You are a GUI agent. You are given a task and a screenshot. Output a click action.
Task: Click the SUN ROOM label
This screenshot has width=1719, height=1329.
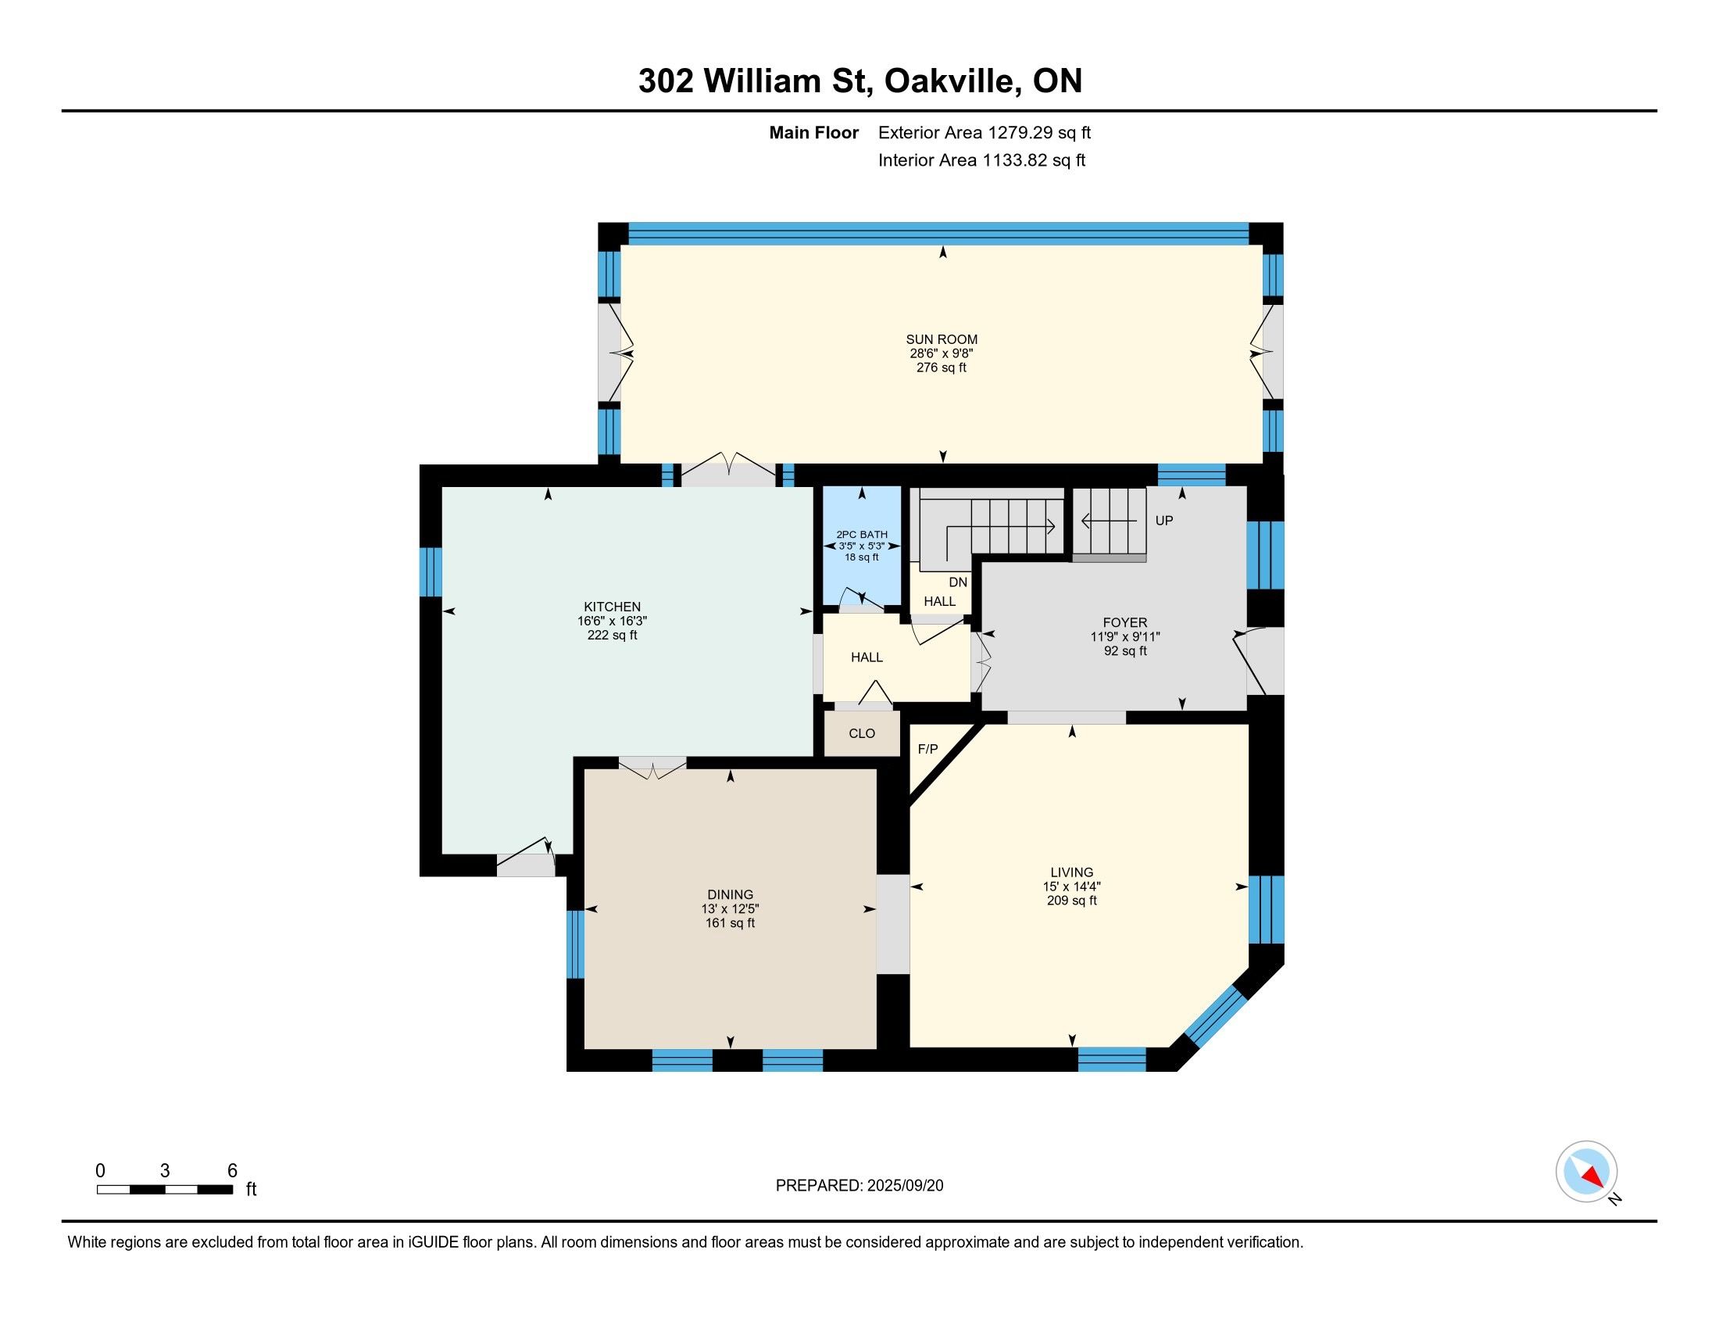click(942, 340)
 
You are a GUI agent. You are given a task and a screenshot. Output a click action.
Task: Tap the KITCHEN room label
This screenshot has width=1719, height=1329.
click(612, 607)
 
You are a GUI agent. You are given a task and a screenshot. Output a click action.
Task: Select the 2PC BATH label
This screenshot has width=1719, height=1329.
click(862, 535)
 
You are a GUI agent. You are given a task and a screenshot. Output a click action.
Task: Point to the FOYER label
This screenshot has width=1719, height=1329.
click(1124, 623)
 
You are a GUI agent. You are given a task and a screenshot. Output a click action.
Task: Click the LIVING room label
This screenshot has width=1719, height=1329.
click(1071, 872)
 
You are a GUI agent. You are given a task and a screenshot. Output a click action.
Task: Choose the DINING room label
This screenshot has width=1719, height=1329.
click(731, 894)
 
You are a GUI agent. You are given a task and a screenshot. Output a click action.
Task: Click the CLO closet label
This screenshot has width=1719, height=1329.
click(862, 734)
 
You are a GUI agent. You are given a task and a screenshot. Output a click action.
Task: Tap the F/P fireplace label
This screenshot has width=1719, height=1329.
click(928, 750)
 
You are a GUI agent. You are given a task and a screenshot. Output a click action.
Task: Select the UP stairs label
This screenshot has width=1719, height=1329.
click(1164, 521)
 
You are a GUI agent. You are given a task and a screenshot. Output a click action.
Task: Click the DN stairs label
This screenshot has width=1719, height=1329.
click(958, 582)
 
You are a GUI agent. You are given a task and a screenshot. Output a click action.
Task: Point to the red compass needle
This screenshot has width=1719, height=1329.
click(1593, 1177)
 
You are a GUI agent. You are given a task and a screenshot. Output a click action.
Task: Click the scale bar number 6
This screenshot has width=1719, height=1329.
click(232, 1171)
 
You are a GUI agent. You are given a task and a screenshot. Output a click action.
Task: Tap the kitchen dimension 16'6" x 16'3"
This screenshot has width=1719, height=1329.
click(612, 622)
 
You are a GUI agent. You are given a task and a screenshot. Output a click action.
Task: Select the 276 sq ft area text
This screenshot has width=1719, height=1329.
click(942, 367)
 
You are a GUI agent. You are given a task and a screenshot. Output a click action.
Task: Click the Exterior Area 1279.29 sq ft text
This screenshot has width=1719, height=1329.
click(985, 133)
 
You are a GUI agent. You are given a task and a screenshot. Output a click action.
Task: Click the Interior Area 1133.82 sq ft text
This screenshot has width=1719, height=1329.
click(981, 160)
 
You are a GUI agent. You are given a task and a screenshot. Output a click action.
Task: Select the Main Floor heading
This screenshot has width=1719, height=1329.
click(814, 133)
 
